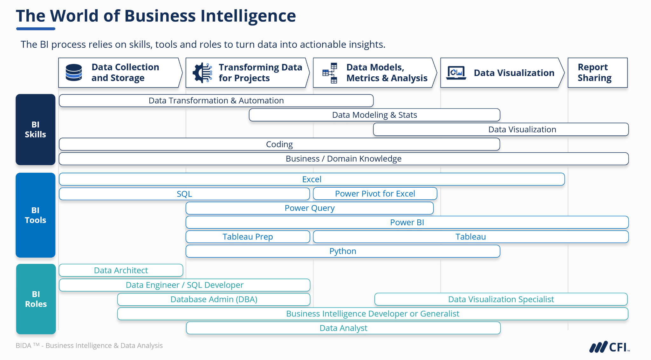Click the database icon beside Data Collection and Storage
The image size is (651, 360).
[x=74, y=73]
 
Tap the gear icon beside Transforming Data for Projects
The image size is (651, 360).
[x=202, y=73]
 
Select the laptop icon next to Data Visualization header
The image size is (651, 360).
[x=456, y=73]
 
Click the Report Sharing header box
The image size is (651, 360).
[x=597, y=73]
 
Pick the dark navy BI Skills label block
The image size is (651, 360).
[x=35, y=129]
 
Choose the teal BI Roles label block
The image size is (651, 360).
[x=36, y=299]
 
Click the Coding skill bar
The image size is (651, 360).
[x=279, y=144]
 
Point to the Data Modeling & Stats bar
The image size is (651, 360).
[x=374, y=115]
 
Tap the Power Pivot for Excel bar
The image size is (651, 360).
[x=375, y=194]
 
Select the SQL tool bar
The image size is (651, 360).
[x=184, y=194]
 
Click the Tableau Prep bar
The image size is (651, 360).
[x=248, y=237]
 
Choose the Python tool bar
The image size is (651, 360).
[x=343, y=251]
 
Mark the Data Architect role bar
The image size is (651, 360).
[x=121, y=270]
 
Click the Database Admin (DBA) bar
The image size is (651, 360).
[x=214, y=299]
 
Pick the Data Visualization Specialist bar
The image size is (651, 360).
[x=501, y=299]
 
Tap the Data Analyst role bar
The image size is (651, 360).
[x=343, y=328]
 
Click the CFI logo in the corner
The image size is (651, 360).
[x=609, y=347]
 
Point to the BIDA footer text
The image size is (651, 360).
[x=89, y=346]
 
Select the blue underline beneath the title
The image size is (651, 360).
[x=36, y=29]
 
